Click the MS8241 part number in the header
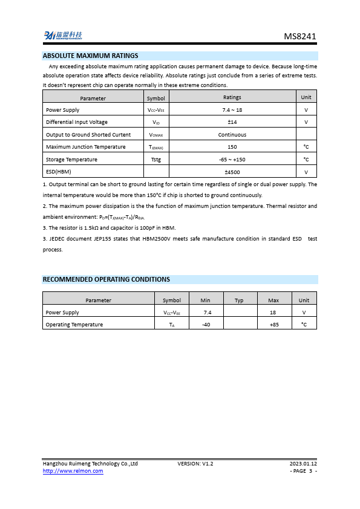point(299,36)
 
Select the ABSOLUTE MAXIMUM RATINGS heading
point(91,56)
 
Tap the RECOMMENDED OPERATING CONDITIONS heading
point(106,279)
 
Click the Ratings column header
point(232,97)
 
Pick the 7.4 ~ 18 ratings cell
point(232,110)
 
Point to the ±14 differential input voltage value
point(232,122)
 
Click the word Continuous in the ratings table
point(232,135)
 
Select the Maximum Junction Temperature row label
point(86,147)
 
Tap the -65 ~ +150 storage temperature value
point(232,160)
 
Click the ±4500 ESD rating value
point(232,172)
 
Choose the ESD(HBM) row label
point(59,172)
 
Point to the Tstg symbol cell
point(155,160)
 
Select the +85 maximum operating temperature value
point(273,325)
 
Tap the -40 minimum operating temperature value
point(206,325)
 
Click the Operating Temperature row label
point(74,325)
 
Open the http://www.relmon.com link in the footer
point(73,471)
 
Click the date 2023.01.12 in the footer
point(303,464)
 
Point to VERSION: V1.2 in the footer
point(195,464)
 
